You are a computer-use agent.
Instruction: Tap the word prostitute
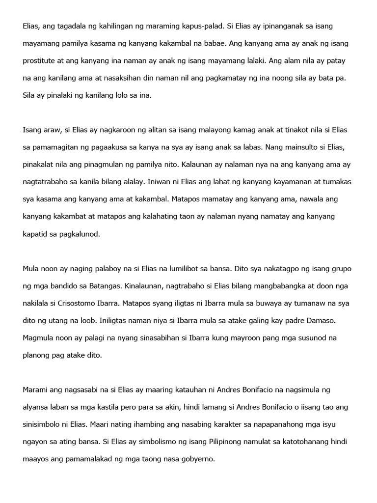coord(42,61)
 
